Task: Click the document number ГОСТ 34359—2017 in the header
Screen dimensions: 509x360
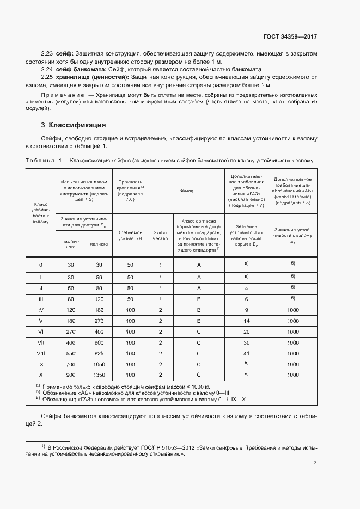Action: pyautogui.click(x=290, y=36)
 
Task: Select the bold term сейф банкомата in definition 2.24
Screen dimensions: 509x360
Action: pyautogui.click(x=84, y=70)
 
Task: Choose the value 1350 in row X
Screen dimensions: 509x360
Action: pyautogui.click(x=99, y=375)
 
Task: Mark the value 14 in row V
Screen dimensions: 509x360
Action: pyautogui.click(x=246, y=321)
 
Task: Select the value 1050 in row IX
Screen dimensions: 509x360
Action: pyautogui.click(x=99, y=364)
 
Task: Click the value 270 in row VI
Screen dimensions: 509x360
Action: pyautogui.click(x=70, y=332)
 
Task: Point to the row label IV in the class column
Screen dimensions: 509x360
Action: pyautogui.click(x=41, y=310)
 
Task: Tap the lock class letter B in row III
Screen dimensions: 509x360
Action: pyautogui.click(x=199, y=299)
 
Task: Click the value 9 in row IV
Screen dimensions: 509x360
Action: pyautogui.click(x=246, y=310)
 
